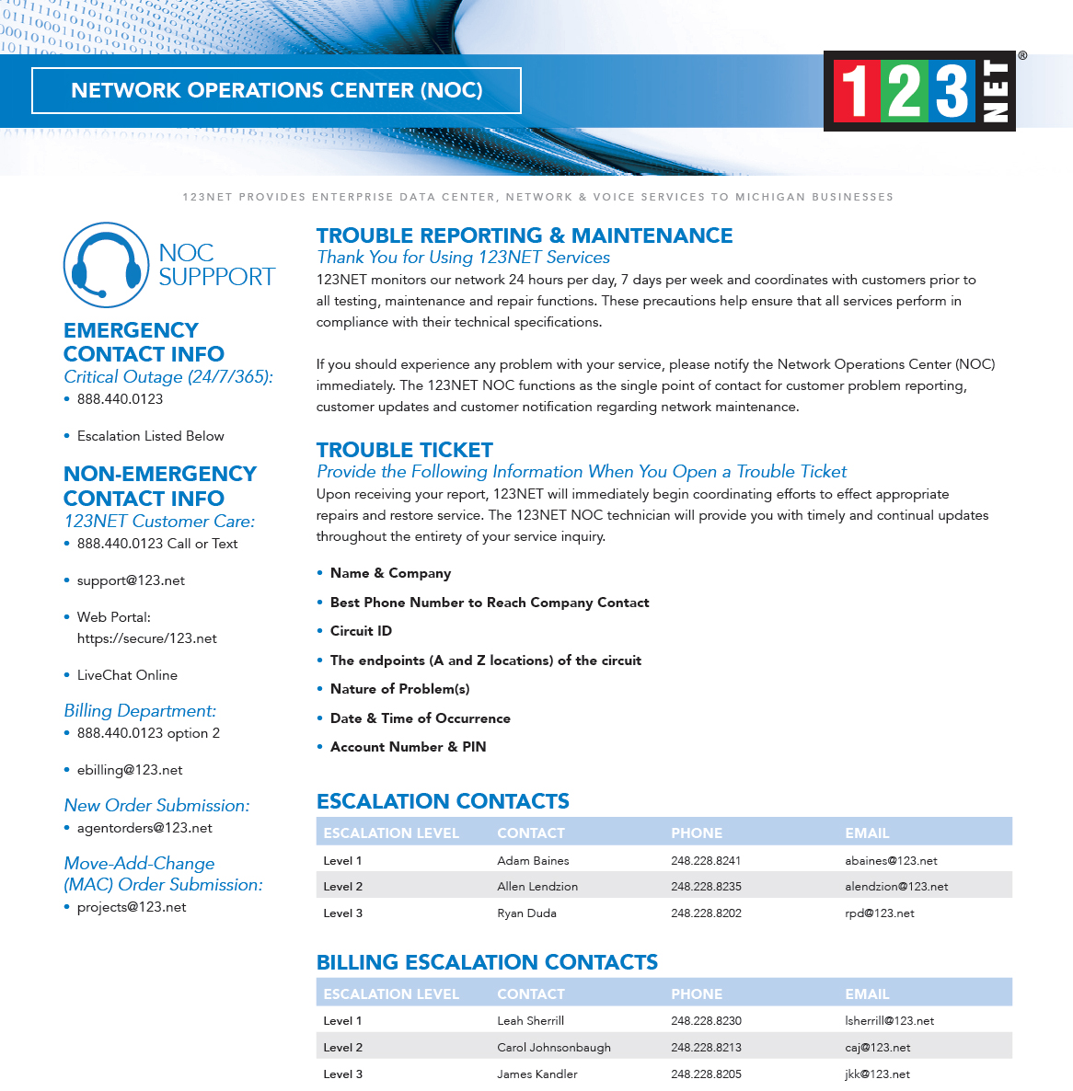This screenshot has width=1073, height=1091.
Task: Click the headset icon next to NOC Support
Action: pos(106,265)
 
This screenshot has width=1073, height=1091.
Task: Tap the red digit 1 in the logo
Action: pos(855,91)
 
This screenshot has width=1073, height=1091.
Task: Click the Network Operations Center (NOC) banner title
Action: pos(276,90)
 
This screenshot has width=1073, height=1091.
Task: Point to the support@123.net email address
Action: pos(131,580)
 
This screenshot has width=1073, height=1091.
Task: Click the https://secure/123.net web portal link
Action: pos(147,638)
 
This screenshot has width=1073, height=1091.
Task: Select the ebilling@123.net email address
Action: pos(130,770)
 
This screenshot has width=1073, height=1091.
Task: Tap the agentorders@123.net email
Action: pos(144,828)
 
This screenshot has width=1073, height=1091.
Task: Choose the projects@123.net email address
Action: pos(132,907)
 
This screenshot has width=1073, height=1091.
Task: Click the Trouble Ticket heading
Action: pos(405,450)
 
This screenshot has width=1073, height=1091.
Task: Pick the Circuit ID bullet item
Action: pos(361,631)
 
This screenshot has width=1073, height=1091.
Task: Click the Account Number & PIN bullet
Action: pos(408,747)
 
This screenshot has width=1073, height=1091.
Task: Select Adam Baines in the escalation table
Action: pos(533,861)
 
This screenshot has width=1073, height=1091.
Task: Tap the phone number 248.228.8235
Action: pos(706,887)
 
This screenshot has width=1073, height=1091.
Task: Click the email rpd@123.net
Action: pos(880,913)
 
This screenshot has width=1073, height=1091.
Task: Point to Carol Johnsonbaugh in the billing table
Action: pos(554,1048)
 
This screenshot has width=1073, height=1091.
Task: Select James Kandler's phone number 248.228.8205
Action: pos(706,1074)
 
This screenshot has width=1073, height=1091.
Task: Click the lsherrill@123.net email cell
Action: pos(889,1021)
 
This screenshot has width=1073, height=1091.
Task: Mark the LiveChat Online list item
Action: pos(127,675)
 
